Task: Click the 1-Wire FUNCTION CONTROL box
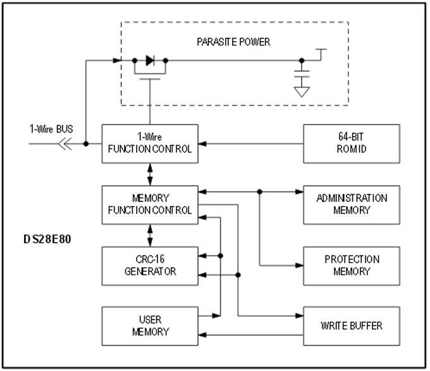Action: (x=150, y=143)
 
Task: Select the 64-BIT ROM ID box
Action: (x=352, y=143)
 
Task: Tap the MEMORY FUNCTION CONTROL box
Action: (x=150, y=205)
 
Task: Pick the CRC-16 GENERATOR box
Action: (x=150, y=265)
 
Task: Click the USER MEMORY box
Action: (x=150, y=326)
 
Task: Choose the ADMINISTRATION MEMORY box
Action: (x=352, y=205)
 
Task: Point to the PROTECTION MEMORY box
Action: (x=352, y=265)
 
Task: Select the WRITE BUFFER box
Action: (x=352, y=326)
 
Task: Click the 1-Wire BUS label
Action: (x=52, y=129)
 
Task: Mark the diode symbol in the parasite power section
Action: (x=150, y=61)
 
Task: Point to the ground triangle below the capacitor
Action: (x=302, y=92)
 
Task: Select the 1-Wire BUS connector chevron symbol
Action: (x=64, y=143)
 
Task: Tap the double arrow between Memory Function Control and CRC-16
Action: (x=150, y=235)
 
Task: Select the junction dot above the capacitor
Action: (x=302, y=61)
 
